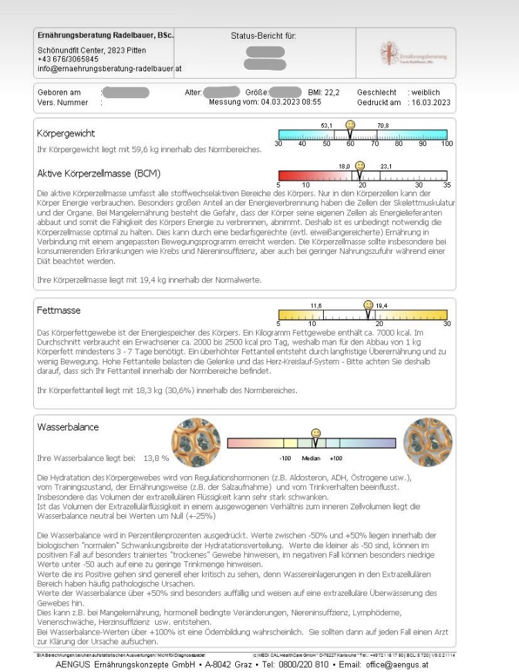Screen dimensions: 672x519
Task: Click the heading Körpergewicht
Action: [x=66, y=133]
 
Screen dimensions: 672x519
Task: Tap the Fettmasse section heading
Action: [x=58, y=311]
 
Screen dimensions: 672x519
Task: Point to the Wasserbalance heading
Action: [x=69, y=427]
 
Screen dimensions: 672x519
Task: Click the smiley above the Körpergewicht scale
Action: [x=351, y=125]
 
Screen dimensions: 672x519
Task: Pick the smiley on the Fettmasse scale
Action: [x=368, y=304]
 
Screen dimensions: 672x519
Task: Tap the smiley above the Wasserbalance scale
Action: [x=316, y=432]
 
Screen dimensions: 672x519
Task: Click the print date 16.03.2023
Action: [x=430, y=102]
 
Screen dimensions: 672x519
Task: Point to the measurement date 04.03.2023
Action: [x=280, y=102]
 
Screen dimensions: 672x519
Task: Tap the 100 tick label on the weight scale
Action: [x=446, y=144]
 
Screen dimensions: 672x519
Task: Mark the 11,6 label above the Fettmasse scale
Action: [x=316, y=305]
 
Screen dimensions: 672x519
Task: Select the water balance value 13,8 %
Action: [x=156, y=457]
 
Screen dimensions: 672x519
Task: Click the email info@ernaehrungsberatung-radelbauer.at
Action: [x=109, y=69]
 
